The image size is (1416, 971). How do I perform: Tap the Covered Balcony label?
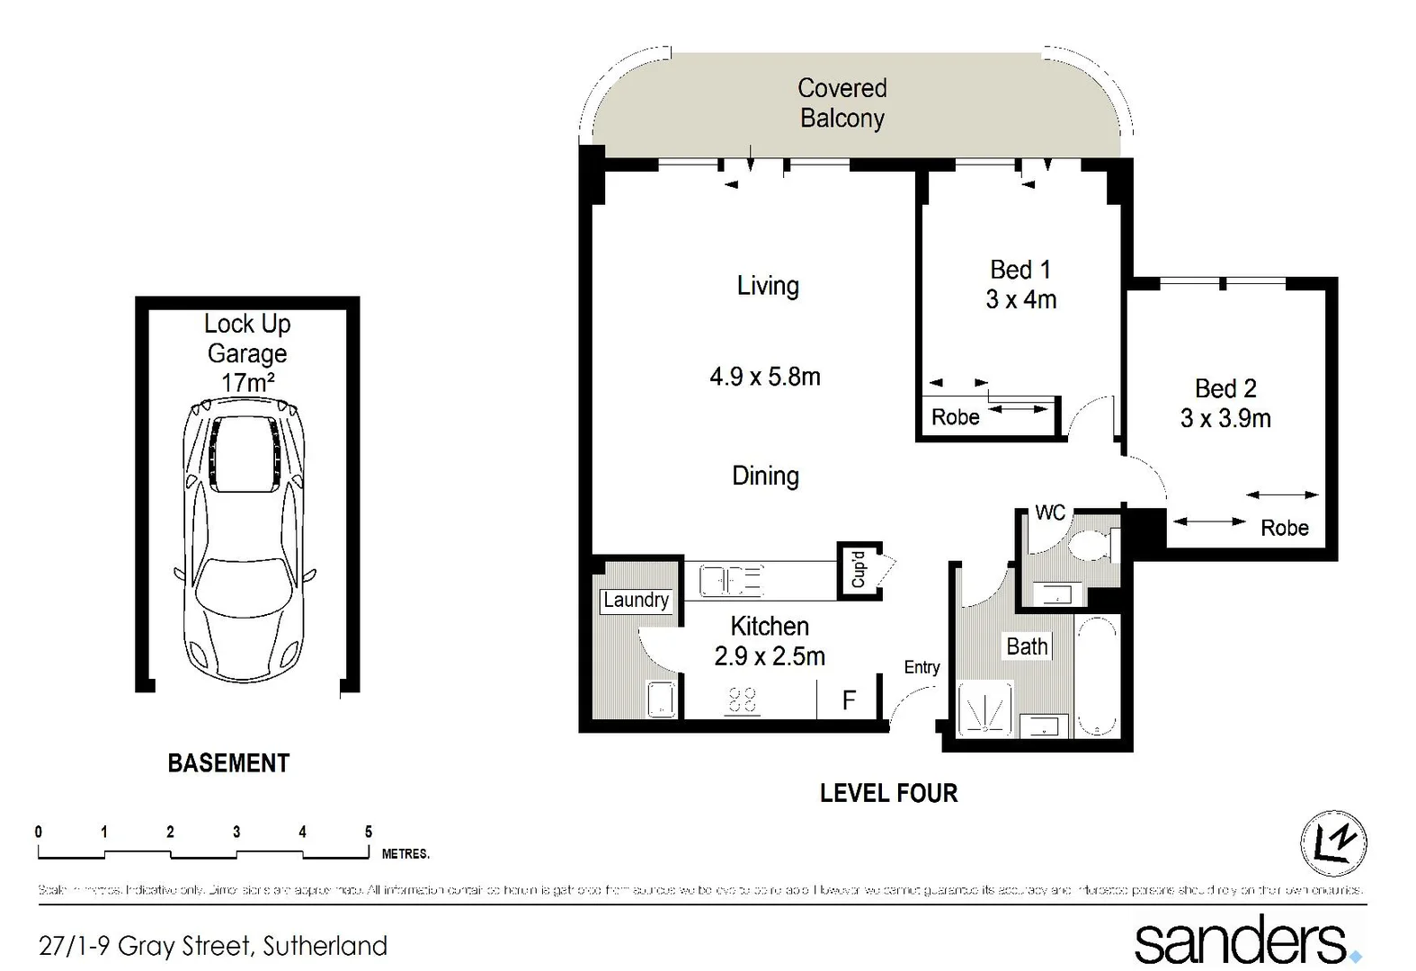click(842, 103)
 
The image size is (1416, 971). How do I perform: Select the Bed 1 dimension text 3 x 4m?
click(1020, 299)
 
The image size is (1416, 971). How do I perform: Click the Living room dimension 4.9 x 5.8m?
click(765, 377)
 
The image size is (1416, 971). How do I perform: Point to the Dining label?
click(765, 476)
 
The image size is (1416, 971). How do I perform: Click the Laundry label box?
click(636, 601)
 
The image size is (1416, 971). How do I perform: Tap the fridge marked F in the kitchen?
click(848, 700)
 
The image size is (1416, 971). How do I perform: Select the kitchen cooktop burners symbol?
click(742, 699)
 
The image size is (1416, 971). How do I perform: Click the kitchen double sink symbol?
click(732, 581)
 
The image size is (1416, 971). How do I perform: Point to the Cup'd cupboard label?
click(859, 569)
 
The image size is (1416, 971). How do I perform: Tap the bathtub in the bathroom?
click(1098, 675)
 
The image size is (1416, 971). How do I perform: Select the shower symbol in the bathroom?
click(985, 710)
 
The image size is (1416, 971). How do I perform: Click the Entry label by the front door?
click(922, 667)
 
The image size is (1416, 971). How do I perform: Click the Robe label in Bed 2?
click(1284, 528)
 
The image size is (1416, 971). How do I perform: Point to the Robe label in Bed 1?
click(955, 417)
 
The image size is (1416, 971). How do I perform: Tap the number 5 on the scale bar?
click(368, 833)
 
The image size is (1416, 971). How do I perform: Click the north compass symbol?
click(1333, 842)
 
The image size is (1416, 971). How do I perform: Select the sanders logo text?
click(1241, 940)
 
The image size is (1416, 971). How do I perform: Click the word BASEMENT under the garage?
click(228, 763)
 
